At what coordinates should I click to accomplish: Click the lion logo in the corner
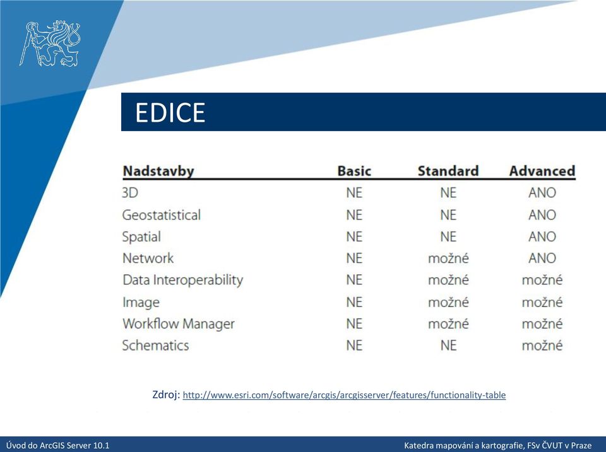pos(50,43)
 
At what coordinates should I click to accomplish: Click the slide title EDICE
pos(170,112)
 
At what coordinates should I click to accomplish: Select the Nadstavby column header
pos(158,171)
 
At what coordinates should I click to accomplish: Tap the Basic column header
pos(354,171)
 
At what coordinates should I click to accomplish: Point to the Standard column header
pos(448,171)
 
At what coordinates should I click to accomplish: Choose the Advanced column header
pos(542,171)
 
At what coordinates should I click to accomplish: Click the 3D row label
pos(130,193)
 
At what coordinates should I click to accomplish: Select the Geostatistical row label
pos(162,214)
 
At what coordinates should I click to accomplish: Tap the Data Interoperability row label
pos(183,280)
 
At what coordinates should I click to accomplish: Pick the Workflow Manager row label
pos(179,323)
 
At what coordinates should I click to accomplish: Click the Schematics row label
pos(156,345)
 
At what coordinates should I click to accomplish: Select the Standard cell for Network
pos(448,258)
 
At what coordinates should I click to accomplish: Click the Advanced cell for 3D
pos(542,193)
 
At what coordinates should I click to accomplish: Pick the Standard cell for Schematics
pos(448,345)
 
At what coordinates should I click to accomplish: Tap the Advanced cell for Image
pos(542,302)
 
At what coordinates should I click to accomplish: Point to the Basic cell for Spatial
pos(354,236)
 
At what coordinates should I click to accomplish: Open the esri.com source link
pos(344,395)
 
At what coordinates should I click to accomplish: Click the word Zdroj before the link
pos(166,395)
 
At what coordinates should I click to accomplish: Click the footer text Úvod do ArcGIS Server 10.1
pos(57,446)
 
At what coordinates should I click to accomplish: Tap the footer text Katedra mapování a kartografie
pos(463,446)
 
